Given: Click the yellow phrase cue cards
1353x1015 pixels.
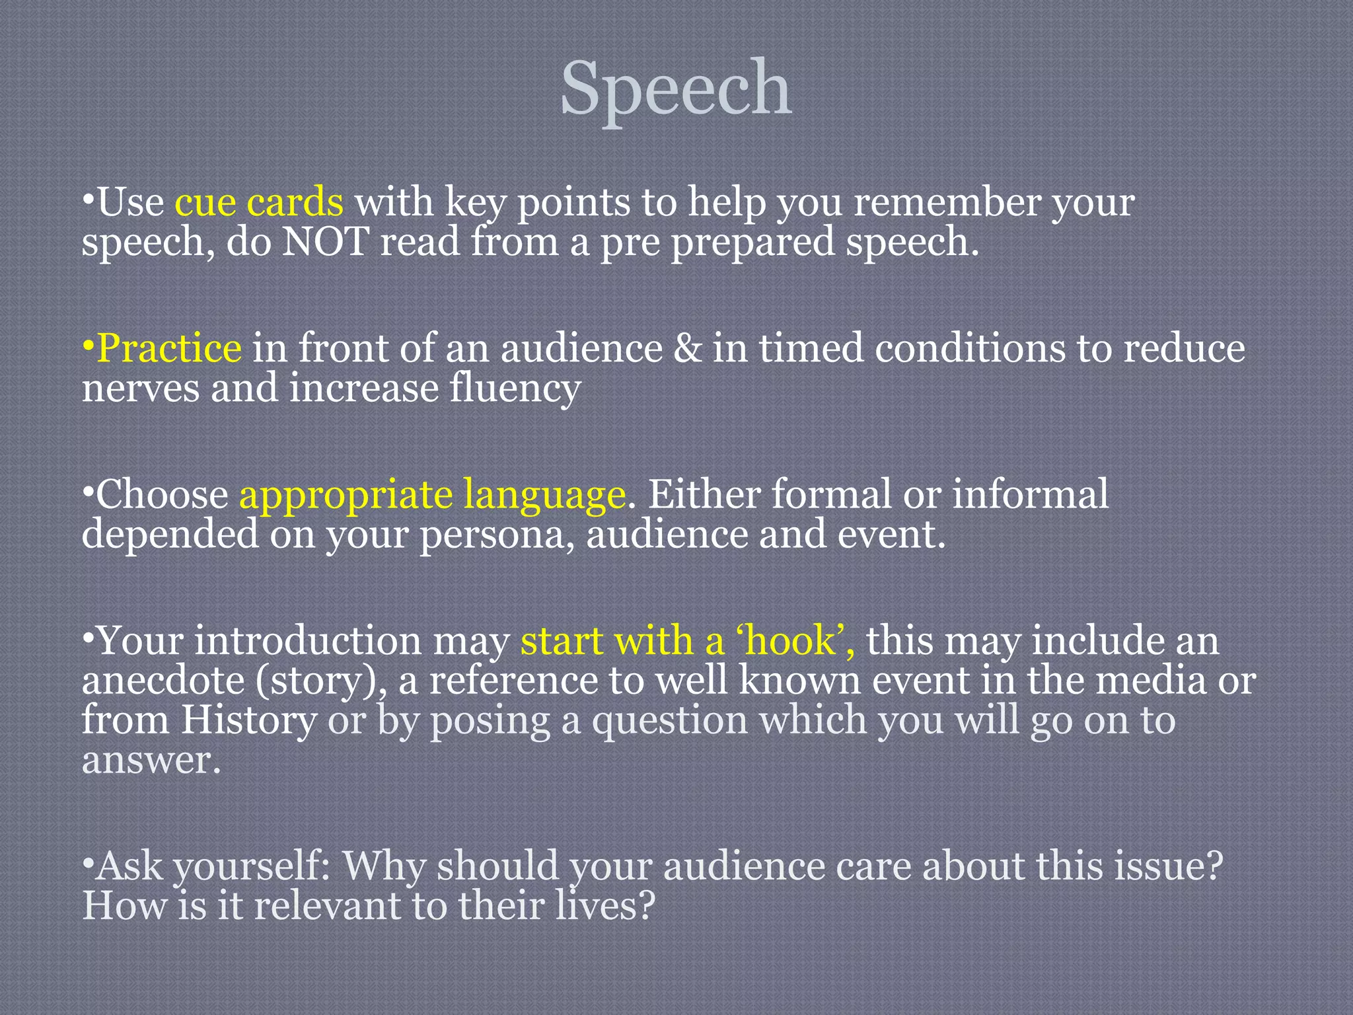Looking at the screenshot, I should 259,202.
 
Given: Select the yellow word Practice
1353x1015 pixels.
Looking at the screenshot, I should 169,348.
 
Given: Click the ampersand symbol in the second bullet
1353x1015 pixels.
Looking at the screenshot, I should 687,348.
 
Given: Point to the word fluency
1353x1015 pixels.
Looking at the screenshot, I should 515,388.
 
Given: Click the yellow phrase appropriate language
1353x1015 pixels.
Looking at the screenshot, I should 432,495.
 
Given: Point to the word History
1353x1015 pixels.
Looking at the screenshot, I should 249,720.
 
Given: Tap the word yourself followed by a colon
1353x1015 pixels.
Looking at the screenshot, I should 251,866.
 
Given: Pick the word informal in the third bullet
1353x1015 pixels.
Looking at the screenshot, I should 1030,495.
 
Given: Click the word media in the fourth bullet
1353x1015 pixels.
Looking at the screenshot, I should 1150,681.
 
